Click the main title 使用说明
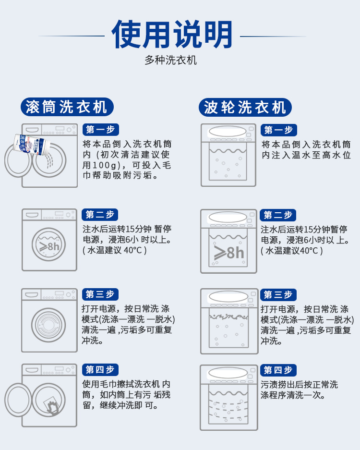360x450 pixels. coord(172,35)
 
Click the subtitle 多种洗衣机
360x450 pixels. coord(170,61)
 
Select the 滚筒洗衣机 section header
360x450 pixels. coord(67,107)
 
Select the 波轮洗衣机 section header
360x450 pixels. coord(245,107)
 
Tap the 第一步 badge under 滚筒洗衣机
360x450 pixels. coord(100,130)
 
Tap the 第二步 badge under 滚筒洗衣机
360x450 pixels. coord(100,215)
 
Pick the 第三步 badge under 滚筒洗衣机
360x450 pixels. coord(100,294)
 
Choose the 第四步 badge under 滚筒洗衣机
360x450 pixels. coord(100,370)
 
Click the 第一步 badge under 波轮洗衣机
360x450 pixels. coord(278,130)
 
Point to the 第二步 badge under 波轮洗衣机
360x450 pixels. coord(278,215)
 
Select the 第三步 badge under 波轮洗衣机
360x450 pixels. coord(278,294)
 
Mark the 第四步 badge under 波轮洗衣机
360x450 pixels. coord(278,370)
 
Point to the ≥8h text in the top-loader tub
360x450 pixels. coord(229,252)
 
